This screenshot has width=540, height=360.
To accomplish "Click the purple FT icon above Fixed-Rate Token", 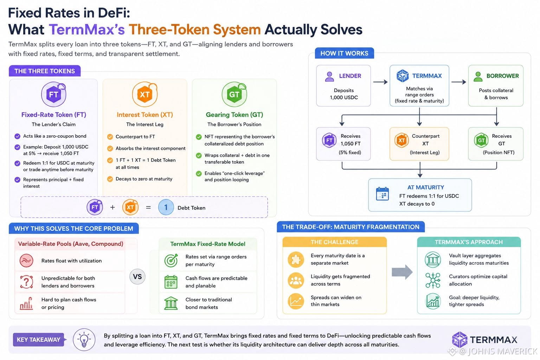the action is (x=53, y=94).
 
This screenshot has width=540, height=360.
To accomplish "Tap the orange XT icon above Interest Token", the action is (x=144, y=94).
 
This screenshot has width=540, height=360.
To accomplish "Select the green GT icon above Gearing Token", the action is (x=234, y=94).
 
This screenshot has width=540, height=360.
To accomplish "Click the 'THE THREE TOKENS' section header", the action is (x=45, y=71).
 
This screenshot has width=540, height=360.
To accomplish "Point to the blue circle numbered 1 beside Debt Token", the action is (x=166, y=207).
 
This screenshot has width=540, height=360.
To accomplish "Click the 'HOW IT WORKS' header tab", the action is (x=344, y=53).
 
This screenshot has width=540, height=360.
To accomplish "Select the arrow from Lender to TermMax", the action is (x=380, y=82).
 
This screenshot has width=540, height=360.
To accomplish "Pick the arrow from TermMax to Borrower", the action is (x=458, y=82).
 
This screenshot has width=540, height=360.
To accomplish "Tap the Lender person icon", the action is (x=329, y=77).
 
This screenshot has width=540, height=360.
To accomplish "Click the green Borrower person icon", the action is (x=478, y=77).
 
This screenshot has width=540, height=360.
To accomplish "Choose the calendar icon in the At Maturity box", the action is (x=382, y=194).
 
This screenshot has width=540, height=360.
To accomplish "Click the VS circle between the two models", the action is (x=137, y=277).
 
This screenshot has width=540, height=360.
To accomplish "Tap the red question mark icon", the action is (x=26, y=282).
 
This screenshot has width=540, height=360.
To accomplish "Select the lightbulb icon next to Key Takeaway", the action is (x=84, y=340).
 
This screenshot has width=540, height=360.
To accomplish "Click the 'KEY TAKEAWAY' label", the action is (x=39, y=340).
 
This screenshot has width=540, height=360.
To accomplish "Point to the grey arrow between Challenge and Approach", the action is (x=402, y=272).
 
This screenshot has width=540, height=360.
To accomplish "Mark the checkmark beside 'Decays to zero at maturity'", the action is (x=110, y=179).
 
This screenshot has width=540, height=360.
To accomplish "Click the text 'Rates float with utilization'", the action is (x=72, y=261).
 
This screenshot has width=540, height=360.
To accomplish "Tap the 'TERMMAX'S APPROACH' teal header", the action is (x=469, y=242).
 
